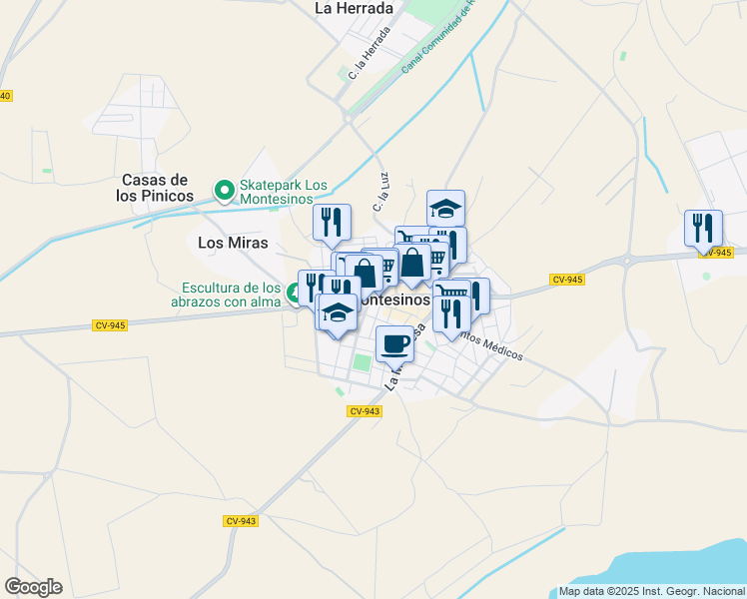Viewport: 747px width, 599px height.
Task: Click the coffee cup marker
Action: pos(394,343)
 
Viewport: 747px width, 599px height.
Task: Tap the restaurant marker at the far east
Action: pos(703,228)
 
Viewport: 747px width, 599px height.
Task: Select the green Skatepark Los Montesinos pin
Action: pos(225,188)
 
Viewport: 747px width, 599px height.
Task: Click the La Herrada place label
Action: pos(354,7)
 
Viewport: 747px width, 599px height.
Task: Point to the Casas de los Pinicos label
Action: pos(155,188)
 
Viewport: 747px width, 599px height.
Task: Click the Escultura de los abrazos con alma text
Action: pos(226,295)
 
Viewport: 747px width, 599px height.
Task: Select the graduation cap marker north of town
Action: pos(445,208)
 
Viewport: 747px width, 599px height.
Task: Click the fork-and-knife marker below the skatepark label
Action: pos(332,222)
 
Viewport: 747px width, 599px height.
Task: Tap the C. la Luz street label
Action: pos(380,192)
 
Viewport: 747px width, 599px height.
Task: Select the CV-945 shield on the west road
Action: pos(110,325)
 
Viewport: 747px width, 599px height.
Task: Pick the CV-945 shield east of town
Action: pos(566,280)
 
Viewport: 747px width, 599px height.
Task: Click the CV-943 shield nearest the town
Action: pos(366,411)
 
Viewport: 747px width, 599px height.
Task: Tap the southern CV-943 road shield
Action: pos(241,521)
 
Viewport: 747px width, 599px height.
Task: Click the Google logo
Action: pos(33,587)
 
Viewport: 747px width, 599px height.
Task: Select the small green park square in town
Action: pos(362,361)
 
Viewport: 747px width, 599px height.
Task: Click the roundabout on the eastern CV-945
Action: pos(627,261)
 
